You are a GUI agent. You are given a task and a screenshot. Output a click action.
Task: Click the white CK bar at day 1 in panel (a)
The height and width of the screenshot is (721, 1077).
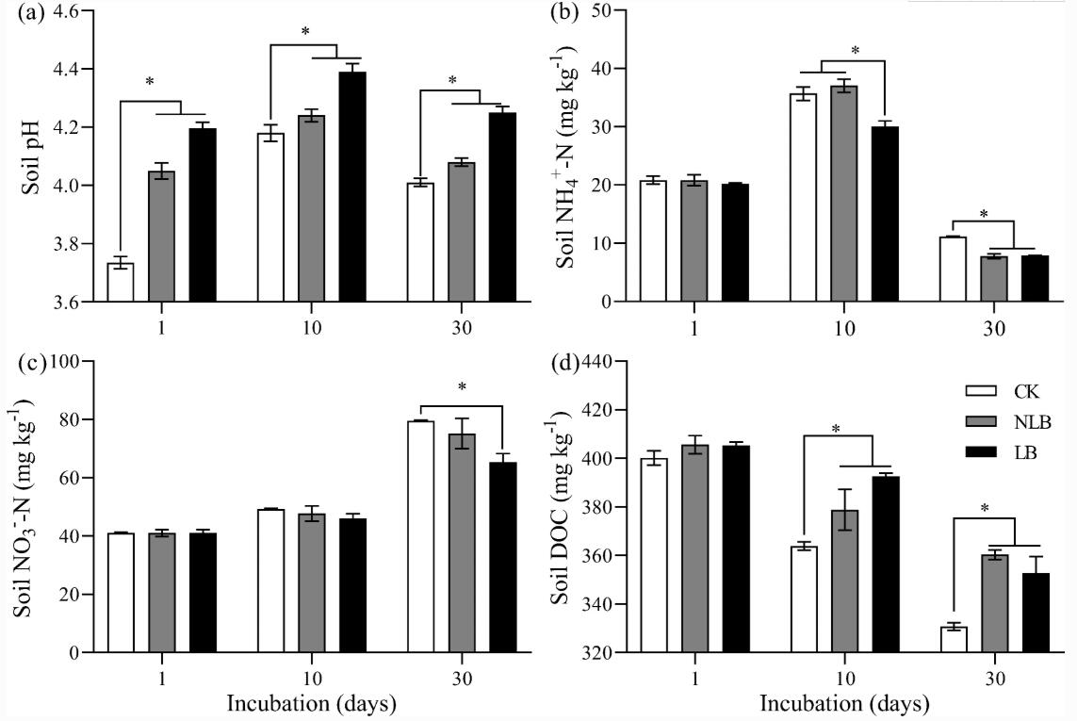121,283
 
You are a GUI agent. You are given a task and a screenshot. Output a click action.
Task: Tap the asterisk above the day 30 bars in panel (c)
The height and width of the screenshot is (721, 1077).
462,386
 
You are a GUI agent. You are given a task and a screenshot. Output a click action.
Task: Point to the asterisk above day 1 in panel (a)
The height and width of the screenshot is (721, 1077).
150,82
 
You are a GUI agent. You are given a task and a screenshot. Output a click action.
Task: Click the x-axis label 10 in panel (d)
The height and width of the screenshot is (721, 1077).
844,679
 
